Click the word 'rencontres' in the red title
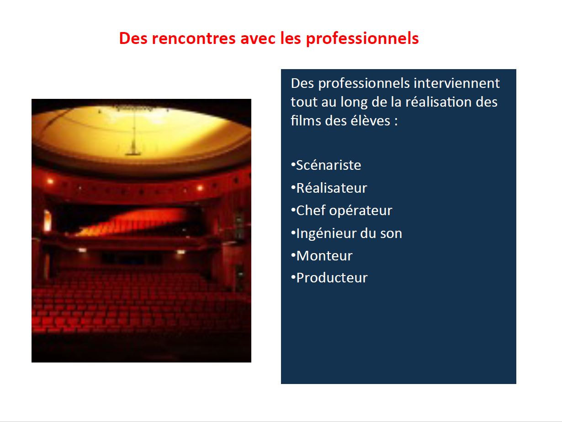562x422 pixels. coord(194,38)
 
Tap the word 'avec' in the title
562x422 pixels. coord(258,38)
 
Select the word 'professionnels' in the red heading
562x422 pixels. coord(362,39)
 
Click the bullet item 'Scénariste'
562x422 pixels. coord(326,165)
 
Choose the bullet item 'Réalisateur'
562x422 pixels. coord(329,188)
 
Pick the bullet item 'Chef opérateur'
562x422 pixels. coord(342,211)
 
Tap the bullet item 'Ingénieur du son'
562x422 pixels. coord(346,233)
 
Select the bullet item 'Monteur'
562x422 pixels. coord(322,255)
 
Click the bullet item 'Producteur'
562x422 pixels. coord(329,278)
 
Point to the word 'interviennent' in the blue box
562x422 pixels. coord(456,83)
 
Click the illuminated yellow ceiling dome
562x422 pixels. coord(141,133)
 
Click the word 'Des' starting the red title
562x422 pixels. coord(133,38)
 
